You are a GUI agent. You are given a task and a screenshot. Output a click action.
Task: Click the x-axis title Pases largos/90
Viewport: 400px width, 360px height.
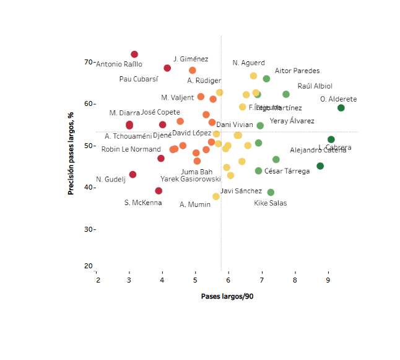pos(227,296)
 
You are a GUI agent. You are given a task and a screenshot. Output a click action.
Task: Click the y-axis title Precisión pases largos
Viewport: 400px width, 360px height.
pos(71,152)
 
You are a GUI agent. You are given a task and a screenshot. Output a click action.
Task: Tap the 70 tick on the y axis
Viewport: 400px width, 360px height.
pos(88,62)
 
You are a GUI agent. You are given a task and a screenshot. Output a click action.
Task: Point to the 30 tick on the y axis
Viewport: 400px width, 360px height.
pos(88,229)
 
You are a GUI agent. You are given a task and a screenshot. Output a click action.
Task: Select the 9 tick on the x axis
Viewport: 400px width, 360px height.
pos(328,280)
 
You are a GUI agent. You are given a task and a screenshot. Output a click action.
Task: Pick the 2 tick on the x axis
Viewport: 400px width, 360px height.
pos(97,280)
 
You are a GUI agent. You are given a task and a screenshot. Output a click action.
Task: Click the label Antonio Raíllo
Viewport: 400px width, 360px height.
pos(120,64)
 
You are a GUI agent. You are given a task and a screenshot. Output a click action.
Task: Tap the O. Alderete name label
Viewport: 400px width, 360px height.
pos(338,99)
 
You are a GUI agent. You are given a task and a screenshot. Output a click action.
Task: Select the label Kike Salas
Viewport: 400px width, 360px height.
pos(271,203)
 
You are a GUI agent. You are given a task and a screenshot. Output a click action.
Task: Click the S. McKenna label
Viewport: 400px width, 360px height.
pos(143,203)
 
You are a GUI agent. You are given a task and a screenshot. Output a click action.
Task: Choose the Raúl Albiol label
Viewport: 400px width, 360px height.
pos(315,86)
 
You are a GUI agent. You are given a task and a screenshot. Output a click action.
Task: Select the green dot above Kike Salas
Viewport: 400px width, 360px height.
pos(271,192)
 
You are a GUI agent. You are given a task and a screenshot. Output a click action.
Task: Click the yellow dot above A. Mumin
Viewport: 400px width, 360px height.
pos(216,196)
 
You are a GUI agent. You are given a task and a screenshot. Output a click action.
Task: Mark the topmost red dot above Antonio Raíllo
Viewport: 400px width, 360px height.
pos(134,55)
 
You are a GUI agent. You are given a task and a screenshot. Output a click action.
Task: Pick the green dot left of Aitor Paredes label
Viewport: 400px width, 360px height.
pos(266,79)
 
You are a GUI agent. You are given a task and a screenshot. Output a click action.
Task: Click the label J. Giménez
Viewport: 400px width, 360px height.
pos(191,59)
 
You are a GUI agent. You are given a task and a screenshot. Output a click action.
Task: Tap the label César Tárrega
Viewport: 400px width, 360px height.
pos(287,171)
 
